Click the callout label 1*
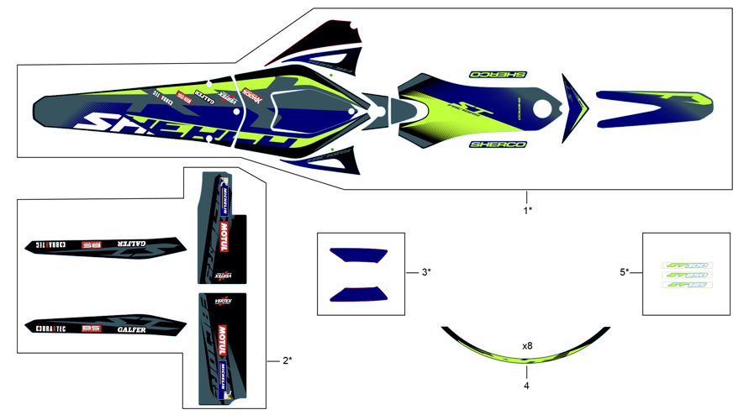click(x=527, y=210)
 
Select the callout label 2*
click(x=287, y=360)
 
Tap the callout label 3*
click(x=426, y=271)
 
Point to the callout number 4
click(x=527, y=387)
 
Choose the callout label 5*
click(x=625, y=271)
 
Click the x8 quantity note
click(x=527, y=345)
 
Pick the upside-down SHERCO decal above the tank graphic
click(x=498, y=75)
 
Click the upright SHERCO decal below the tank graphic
click(x=498, y=144)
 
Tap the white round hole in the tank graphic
click(x=543, y=109)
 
